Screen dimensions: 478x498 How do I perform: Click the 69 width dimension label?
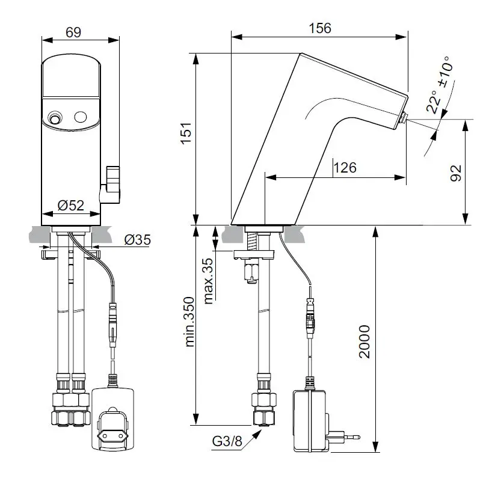pos(73,31)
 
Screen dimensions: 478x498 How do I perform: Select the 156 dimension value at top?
pos(319,28)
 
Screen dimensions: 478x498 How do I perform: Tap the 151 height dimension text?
pos(186,137)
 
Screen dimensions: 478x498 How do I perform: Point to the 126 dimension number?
pos(345,168)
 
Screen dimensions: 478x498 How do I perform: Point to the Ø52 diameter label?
pos(70,205)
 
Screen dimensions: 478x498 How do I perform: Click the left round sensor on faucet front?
pos(55,118)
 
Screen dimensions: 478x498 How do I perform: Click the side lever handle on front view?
pos(112,182)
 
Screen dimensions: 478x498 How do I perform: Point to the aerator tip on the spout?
pos(404,118)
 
